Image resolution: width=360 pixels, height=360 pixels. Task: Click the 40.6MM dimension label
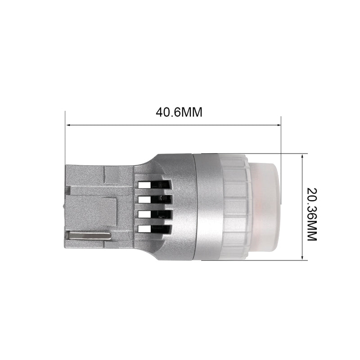(x=179, y=112)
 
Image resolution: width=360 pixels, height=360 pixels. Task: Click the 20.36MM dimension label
(x=312, y=214)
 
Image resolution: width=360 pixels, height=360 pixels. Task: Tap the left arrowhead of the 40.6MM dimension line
(x=68, y=125)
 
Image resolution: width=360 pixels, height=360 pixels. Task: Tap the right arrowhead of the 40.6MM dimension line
(x=279, y=125)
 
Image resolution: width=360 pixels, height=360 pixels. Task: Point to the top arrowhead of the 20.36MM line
(x=302, y=156)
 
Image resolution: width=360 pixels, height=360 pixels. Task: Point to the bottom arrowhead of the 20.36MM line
(x=302, y=257)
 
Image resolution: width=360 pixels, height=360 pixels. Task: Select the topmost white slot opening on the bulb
(x=144, y=185)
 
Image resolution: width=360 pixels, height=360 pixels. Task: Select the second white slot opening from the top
(x=144, y=199)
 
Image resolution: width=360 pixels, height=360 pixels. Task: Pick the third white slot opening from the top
(x=144, y=214)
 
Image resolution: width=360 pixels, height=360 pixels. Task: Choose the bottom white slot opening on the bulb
(x=144, y=229)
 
